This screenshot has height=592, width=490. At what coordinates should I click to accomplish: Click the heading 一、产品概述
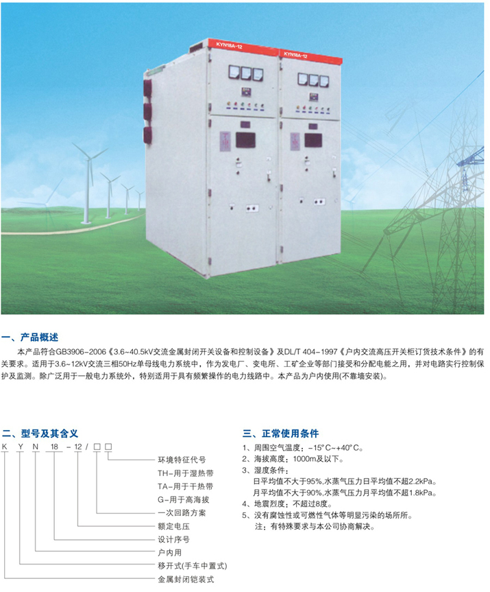[x=30, y=337]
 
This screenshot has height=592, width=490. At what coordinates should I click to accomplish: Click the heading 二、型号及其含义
[x=40, y=434]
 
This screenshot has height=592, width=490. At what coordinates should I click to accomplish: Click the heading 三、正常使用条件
[x=281, y=434]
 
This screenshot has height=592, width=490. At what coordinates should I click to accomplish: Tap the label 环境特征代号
[x=182, y=460]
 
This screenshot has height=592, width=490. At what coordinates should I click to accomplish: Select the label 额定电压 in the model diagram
[x=173, y=526]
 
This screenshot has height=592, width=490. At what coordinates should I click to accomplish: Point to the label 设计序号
[x=173, y=539]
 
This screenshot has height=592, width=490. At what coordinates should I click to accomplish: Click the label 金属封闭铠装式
[x=186, y=579]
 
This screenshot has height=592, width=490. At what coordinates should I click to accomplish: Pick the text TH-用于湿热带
[x=186, y=473]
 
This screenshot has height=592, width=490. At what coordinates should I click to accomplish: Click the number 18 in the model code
[x=54, y=447]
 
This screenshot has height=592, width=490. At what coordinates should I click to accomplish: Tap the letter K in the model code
[x=5, y=447]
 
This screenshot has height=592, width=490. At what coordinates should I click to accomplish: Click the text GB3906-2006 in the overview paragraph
[x=81, y=352]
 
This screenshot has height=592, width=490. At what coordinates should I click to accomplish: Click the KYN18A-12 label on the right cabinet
[x=296, y=55]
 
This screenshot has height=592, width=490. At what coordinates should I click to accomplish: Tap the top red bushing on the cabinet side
[x=147, y=88]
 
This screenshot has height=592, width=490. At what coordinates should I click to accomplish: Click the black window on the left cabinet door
[x=245, y=140]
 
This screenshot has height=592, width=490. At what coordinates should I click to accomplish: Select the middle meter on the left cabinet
[x=246, y=73]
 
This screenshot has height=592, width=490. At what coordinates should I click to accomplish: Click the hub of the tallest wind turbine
[x=90, y=159]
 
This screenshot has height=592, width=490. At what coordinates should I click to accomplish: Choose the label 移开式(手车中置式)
[x=193, y=566]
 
